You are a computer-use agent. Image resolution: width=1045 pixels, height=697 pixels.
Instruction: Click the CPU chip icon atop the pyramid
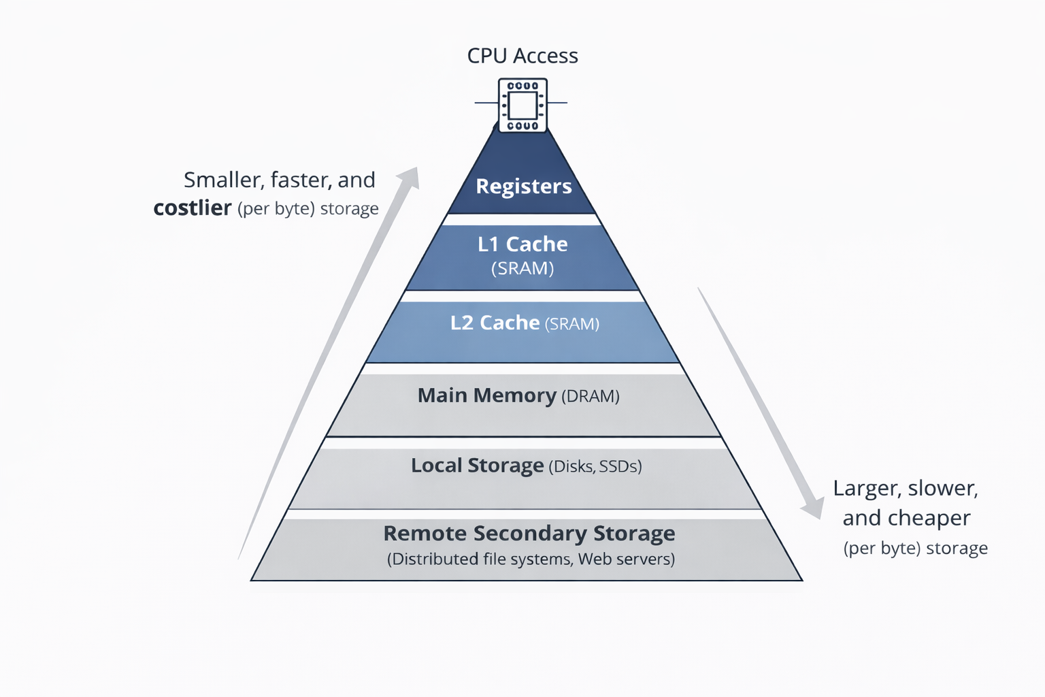coord(522,106)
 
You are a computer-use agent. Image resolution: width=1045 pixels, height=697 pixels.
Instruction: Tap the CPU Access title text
coord(522,56)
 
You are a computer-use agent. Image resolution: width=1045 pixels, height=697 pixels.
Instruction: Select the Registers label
coord(523,186)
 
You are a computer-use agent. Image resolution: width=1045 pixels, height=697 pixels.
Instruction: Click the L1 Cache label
coord(522,244)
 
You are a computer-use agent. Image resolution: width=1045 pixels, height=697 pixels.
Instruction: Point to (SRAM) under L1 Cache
coord(522,268)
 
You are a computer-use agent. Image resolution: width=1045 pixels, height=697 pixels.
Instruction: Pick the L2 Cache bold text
coord(495,323)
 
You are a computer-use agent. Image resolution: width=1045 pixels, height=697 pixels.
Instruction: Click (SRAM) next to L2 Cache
coord(572,324)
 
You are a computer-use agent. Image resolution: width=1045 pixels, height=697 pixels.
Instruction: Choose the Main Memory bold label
coord(486,395)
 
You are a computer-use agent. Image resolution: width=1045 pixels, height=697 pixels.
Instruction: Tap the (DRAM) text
coord(591,396)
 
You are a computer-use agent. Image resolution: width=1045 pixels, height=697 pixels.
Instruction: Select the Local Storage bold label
coord(477,466)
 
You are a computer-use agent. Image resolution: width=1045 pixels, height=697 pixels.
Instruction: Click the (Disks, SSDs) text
coord(595,466)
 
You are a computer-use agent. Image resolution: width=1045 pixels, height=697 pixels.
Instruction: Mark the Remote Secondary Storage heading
coord(529,534)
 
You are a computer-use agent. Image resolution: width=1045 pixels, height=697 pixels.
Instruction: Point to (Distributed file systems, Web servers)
coord(531,560)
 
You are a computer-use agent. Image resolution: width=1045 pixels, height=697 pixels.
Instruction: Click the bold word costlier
coord(192,208)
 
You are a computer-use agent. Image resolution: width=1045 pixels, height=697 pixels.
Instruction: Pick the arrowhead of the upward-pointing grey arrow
coord(410,176)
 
